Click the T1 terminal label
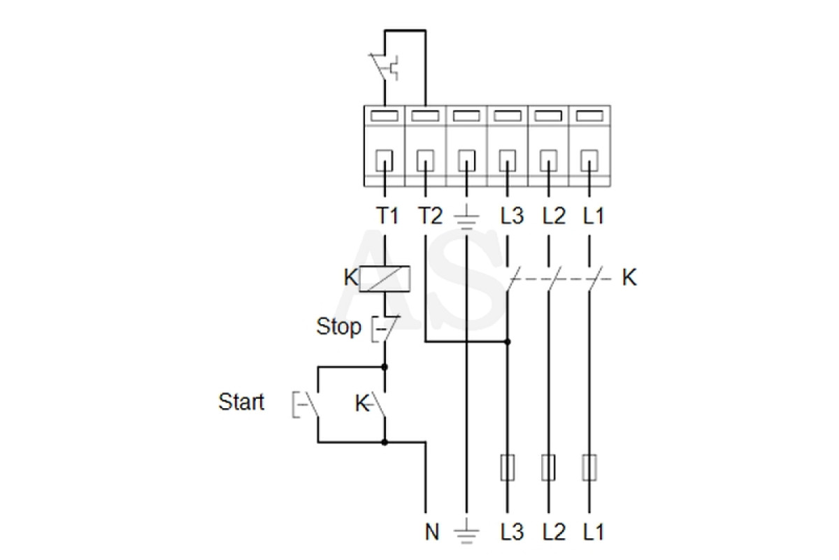387,216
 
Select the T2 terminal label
430,216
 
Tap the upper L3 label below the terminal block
512,216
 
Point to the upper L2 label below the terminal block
554,216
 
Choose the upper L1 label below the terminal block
594,216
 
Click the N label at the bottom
432,531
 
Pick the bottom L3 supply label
512,531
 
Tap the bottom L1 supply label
594,531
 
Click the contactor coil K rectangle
385,279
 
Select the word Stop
338,326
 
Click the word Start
241,402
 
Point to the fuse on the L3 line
508,468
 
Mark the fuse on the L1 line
589,468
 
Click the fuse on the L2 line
548,468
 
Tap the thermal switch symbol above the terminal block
384,67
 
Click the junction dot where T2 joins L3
508,342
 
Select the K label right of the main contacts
629,278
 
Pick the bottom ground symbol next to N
466,531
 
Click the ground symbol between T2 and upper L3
466,218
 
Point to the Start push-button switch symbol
306,405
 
